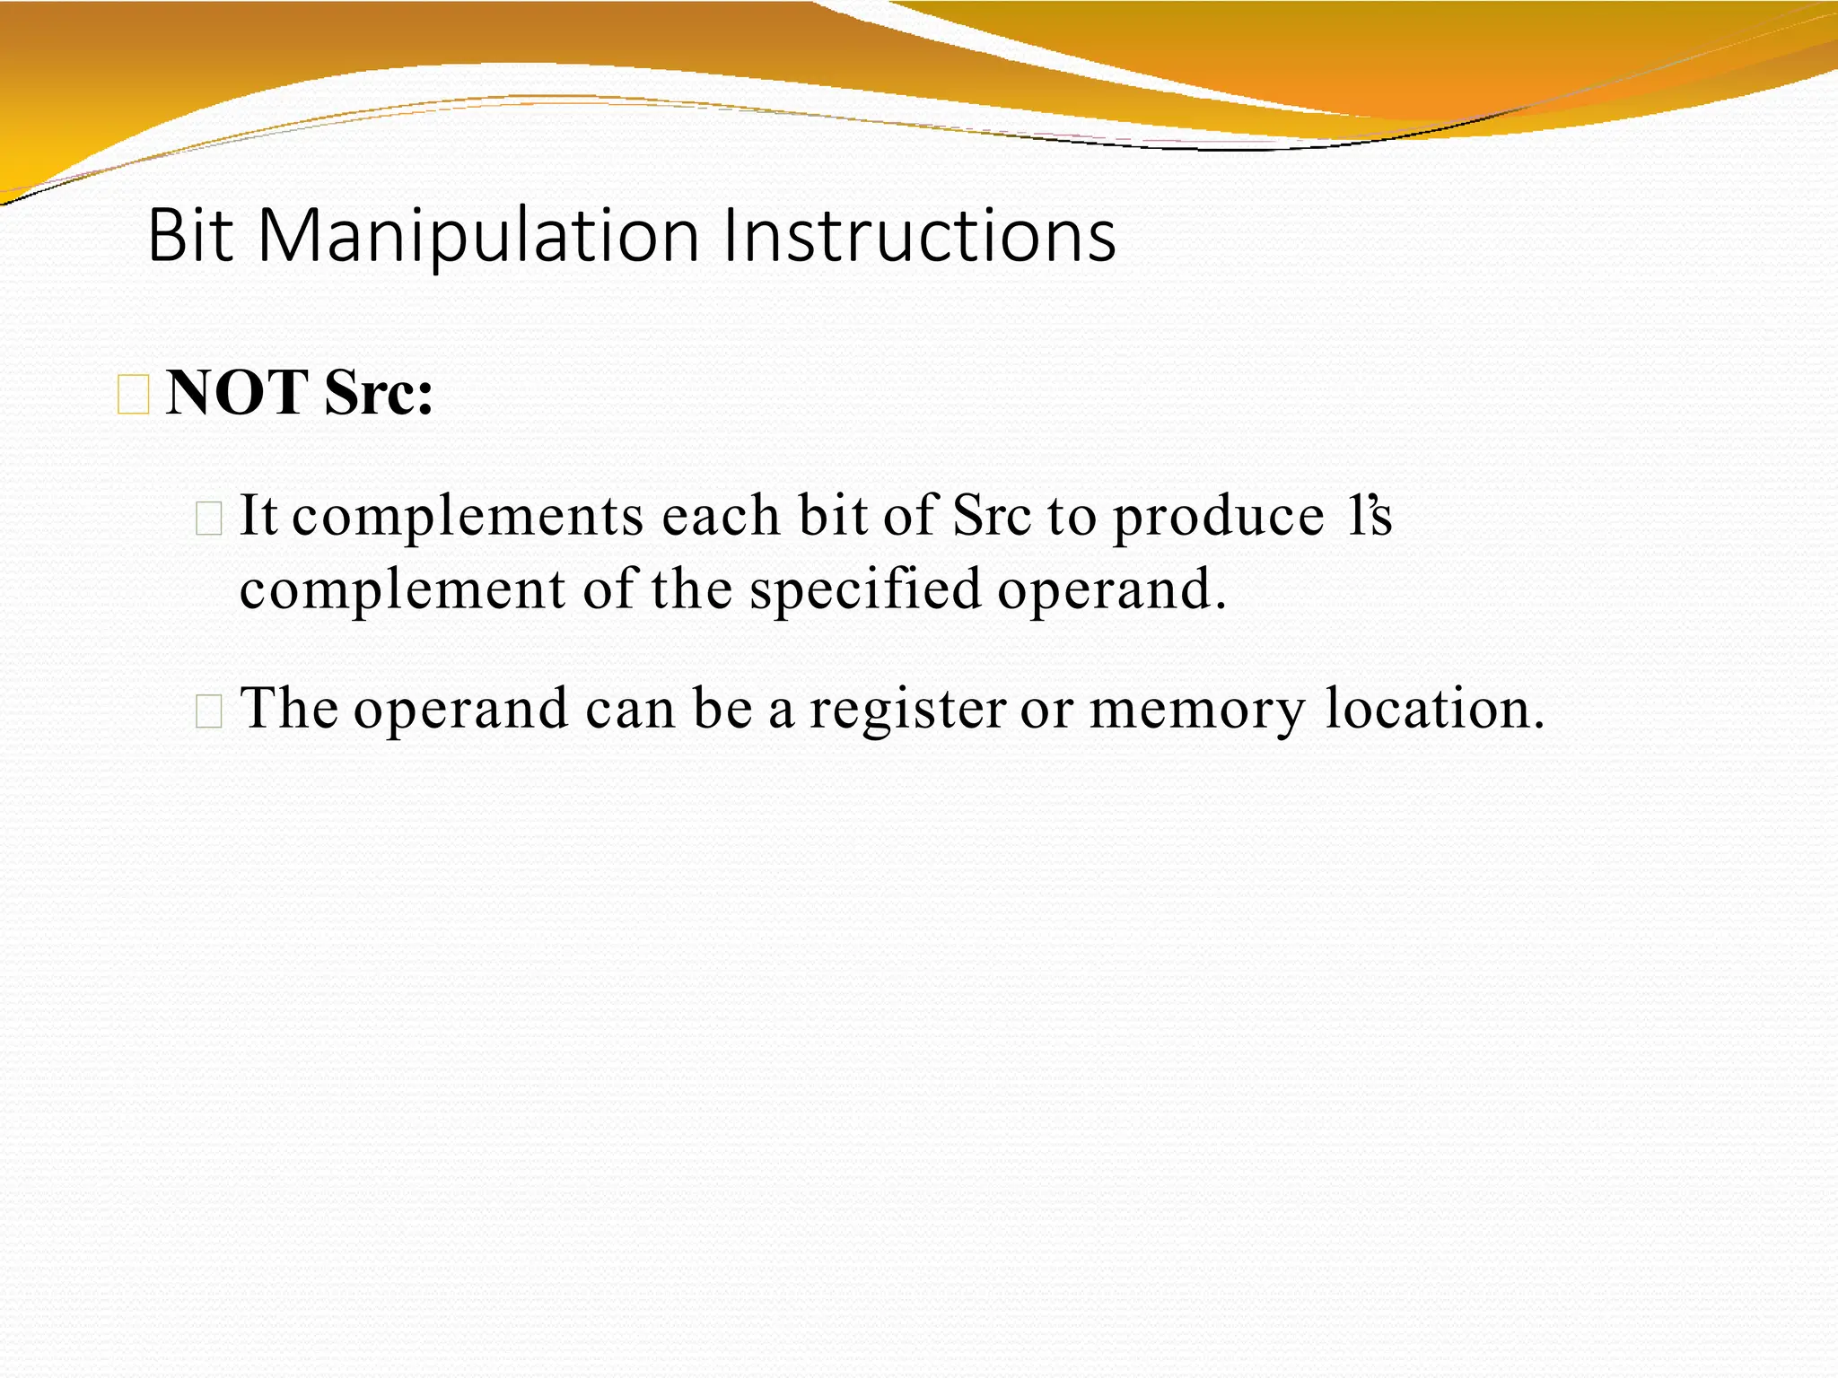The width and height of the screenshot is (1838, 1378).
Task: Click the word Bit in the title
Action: tap(189, 235)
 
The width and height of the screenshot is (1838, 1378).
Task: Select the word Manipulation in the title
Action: tap(477, 237)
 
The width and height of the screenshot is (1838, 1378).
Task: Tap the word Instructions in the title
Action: tap(919, 235)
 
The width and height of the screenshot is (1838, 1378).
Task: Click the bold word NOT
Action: tap(238, 393)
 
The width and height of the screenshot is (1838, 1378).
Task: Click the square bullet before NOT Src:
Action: tap(134, 396)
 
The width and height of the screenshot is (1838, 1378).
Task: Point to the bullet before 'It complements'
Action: tap(208, 519)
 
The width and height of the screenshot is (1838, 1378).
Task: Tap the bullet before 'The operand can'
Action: tap(208, 711)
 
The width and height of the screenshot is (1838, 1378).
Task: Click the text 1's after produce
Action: tap(1369, 516)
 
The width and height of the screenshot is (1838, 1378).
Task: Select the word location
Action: tap(1435, 708)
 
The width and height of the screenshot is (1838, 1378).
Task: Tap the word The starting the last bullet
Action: tap(290, 708)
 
